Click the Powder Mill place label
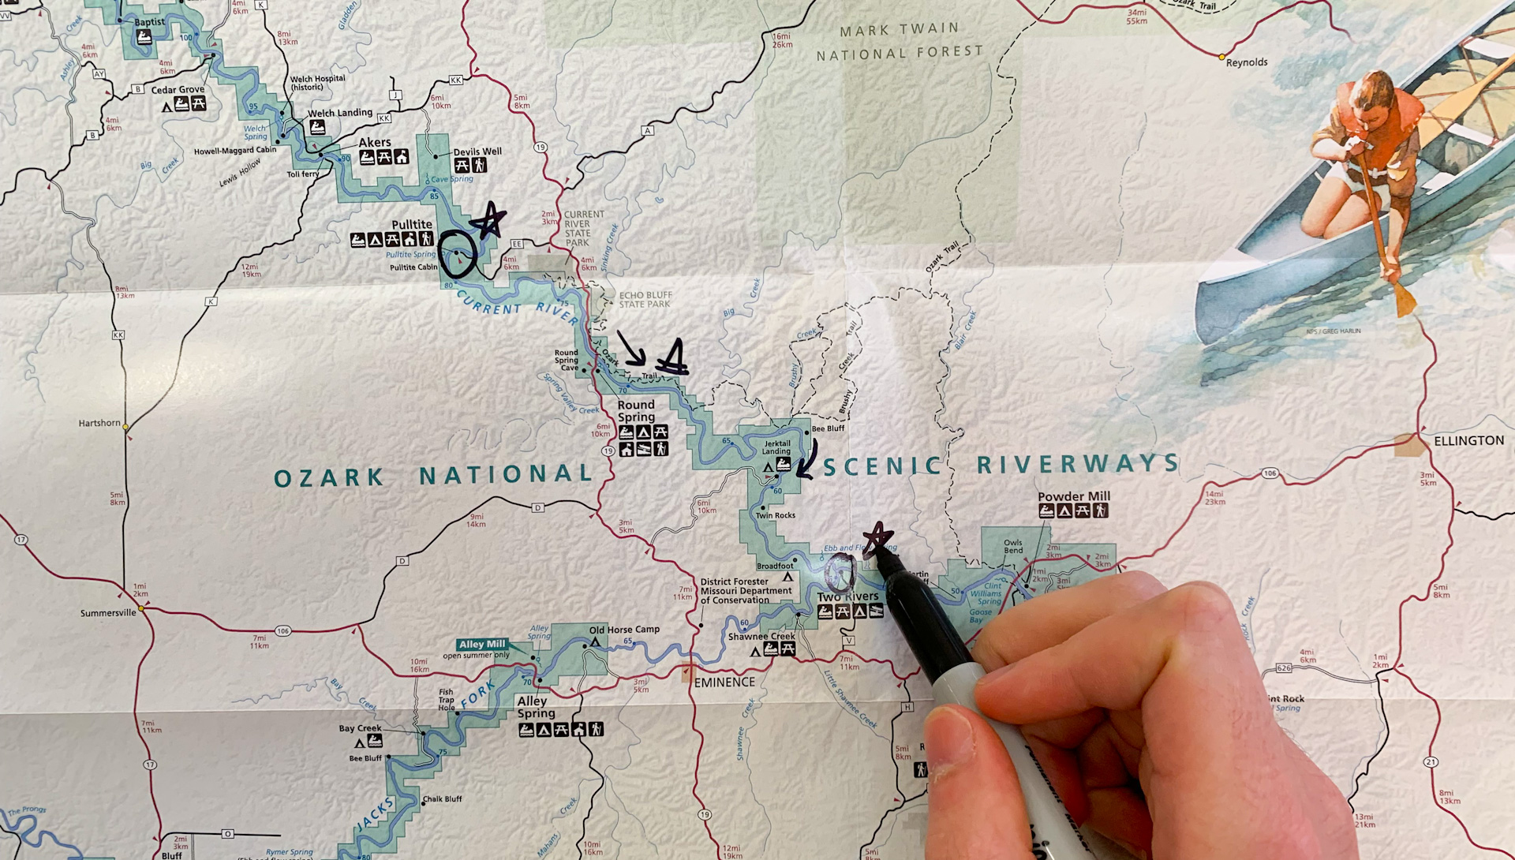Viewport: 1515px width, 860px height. pos(1073,496)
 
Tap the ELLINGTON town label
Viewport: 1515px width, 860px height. pos(1468,441)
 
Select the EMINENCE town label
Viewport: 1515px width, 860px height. pos(724,682)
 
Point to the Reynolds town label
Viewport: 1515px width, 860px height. pos(1247,62)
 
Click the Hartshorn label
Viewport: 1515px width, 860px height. pos(99,423)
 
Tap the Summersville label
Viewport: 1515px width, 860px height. pos(108,613)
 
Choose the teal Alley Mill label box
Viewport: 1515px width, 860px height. pos(482,645)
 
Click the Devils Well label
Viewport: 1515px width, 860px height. pos(477,151)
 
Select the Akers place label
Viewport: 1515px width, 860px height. pos(375,143)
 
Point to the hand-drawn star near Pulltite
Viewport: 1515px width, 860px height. pos(490,220)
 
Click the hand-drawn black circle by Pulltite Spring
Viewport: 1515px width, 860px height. pos(458,254)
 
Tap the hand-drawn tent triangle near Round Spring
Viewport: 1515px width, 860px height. pos(673,357)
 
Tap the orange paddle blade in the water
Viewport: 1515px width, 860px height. pos(1404,300)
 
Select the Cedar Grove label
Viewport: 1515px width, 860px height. pos(178,90)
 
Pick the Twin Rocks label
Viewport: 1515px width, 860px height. pos(775,515)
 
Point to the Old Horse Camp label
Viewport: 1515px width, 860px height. pos(623,630)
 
